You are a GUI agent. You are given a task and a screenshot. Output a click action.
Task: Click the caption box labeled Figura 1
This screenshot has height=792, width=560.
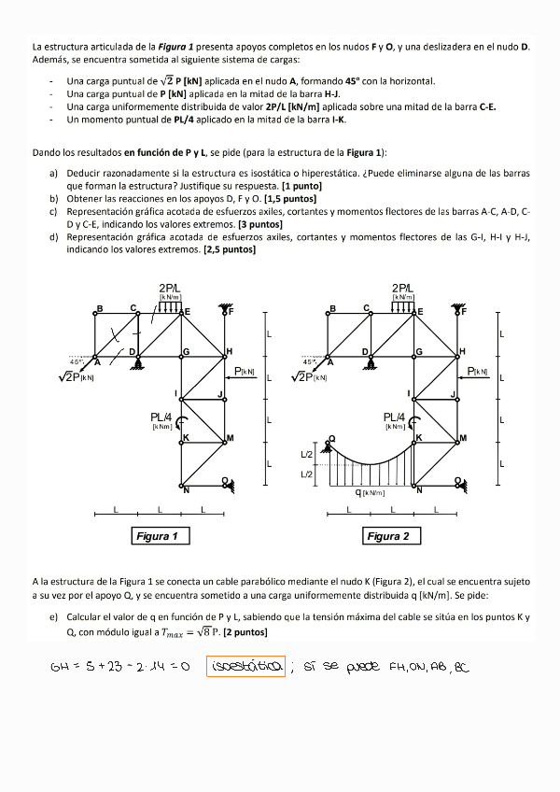tap(159, 536)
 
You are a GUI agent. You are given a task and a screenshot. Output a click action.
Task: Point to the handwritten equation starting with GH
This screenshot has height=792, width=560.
tap(120, 668)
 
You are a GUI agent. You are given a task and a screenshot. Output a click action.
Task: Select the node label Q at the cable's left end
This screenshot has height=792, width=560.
tap(330, 437)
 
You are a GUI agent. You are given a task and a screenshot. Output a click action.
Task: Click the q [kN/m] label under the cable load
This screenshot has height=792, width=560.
tap(371, 492)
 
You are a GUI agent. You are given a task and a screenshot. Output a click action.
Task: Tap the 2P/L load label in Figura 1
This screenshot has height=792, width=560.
tap(170, 289)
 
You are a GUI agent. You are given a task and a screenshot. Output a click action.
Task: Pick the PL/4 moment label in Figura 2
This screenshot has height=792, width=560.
tap(395, 417)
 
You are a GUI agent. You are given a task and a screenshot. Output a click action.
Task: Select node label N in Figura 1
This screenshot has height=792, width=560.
tap(186, 489)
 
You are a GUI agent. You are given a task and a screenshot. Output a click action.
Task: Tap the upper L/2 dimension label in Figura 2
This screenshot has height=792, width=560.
tap(307, 455)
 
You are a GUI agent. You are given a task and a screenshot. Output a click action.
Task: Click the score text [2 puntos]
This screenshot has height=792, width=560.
tap(243, 631)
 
